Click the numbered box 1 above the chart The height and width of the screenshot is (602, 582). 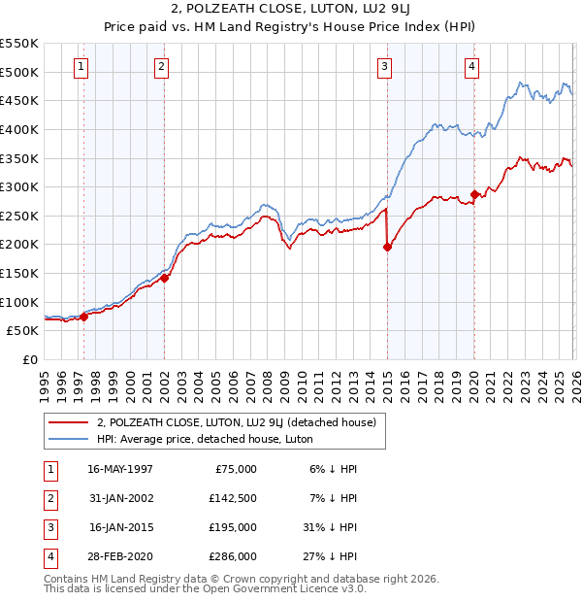pos(80,67)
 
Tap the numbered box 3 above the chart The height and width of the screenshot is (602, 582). pos(385,67)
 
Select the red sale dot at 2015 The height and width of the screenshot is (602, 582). pos(387,247)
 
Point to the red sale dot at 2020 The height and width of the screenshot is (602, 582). pos(474,194)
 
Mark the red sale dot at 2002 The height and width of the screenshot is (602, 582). pos(164,278)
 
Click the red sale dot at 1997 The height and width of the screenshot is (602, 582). pos(83,316)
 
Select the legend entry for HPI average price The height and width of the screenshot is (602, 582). pos(190,439)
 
